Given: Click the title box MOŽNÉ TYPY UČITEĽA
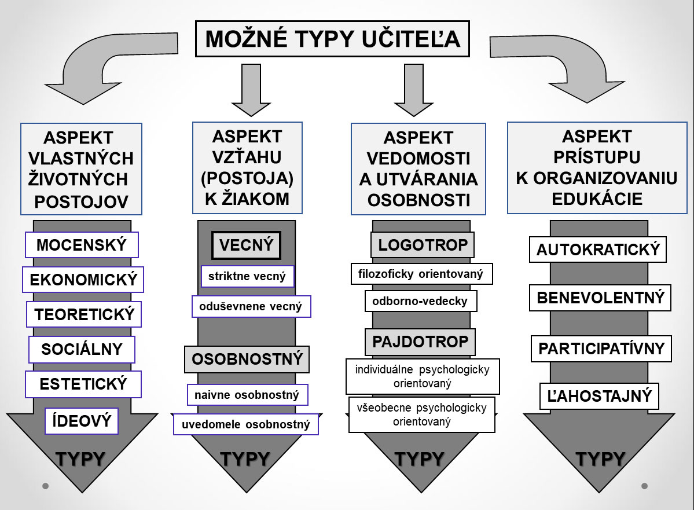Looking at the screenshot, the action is pyautogui.click(x=332, y=39).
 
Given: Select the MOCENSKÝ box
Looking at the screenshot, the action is pyautogui.click(x=82, y=245).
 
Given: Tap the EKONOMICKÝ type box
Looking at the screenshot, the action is pyautogui.click(x=83, y=280).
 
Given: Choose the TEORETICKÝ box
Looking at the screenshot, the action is pyautogui.click(x=84, y=314).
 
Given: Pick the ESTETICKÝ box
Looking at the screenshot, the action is pyautogui.click(x=83, y=384).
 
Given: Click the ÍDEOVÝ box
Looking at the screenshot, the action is pyautogui.click(x=82, y=421).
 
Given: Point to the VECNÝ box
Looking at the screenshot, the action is pyautogui.click(x=247, y=245).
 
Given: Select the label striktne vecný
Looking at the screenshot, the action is pyautogui.click(x=247, y=276).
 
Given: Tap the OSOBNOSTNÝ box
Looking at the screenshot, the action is pyautogui.click(x=247, y=359).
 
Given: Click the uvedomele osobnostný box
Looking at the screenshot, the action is pyautogui.click(x=245, y=424).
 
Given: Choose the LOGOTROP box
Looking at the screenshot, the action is pyautogui.click(x=423, y=245).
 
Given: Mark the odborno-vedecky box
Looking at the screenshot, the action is pyautogui.click(x=420, y=301).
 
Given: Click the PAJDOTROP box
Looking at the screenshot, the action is pyautogui.click(x=420, y=342).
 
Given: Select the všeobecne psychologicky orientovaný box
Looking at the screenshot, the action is pyautogui.click(x=422, y=414).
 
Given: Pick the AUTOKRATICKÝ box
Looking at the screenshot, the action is pyautogui.click(x=598, y=250).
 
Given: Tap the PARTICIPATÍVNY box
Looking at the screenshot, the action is pyautogui.click(x=601, y=348).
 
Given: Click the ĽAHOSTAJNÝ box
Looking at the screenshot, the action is pyautogui.click(x=599, y=396).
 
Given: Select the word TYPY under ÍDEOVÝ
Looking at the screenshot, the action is pyautogui.click(x=80, y=459).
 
